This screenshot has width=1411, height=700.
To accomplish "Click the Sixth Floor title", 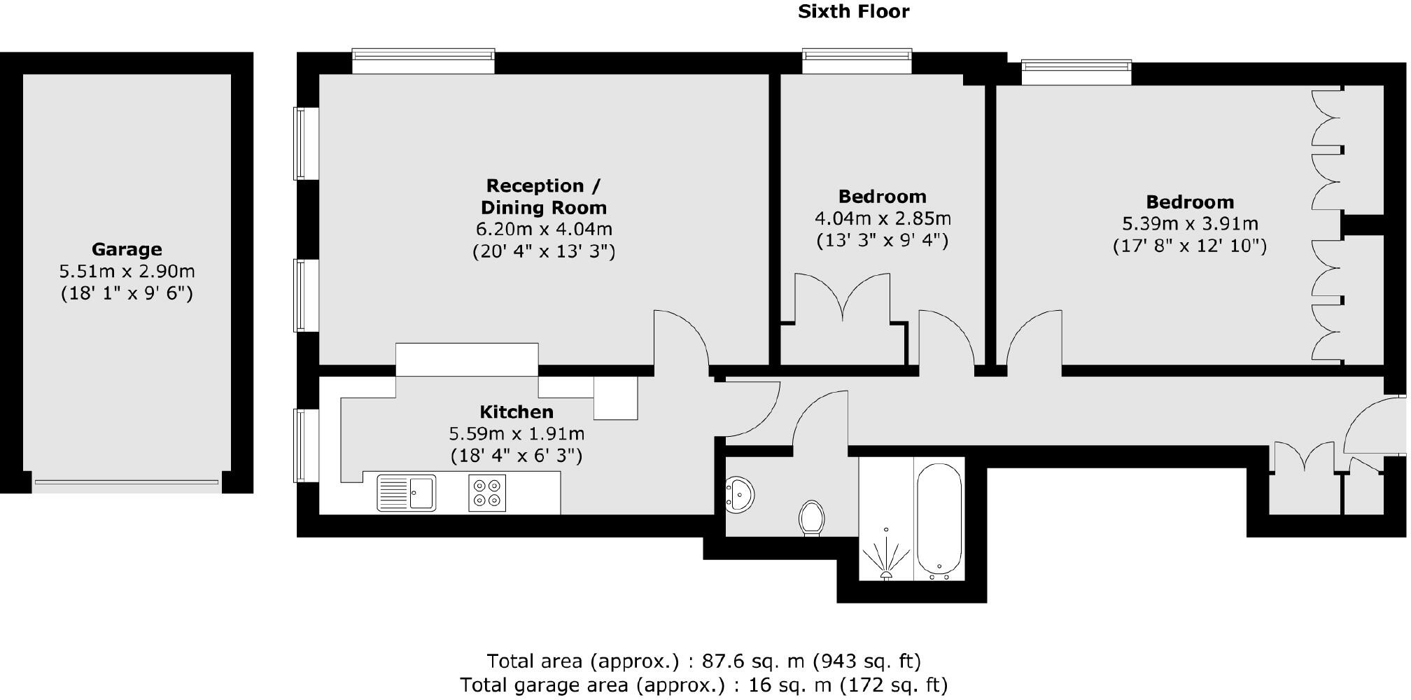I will pos(853,12).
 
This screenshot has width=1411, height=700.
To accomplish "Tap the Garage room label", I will pos(127,249).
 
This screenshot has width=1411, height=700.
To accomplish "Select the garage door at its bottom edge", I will pos(127,482).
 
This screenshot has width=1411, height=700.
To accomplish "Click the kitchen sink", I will pos(406,492).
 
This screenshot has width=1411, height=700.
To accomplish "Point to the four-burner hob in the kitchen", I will pos(486,492).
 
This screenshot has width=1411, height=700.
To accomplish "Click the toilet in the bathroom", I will pos(812,517).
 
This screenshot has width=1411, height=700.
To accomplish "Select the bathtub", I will pos(939,519).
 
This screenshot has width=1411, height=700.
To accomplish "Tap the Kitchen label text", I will pos(517,412).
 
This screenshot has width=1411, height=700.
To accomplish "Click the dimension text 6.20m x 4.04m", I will pos(544,229).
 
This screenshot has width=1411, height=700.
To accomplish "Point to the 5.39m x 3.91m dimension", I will pos(1190,224).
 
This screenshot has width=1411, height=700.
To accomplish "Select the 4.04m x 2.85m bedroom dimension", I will pos(883,218).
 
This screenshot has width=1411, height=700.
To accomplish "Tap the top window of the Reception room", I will pos(423,61).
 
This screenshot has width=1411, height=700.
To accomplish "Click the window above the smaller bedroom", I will pos(857,61).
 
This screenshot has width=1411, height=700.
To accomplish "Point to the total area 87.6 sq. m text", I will pos(703,661).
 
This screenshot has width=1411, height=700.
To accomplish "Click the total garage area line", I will pos(703,685).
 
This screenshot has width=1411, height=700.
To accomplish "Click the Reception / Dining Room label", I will pos(543,197).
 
